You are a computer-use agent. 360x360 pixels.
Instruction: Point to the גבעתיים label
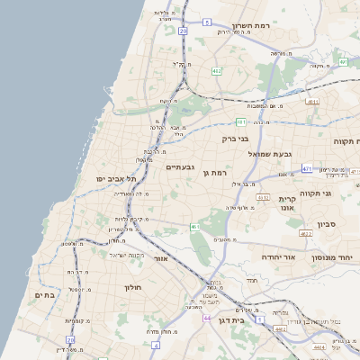180,166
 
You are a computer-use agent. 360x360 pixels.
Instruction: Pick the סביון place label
326,225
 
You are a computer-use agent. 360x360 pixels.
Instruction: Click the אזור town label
162,258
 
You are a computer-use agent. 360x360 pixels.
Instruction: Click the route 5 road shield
206,21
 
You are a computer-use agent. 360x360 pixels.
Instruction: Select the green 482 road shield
216,70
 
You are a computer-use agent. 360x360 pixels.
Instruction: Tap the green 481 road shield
240,121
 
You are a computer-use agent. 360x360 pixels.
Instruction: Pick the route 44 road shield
208,319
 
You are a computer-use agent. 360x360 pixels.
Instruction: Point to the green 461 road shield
195,227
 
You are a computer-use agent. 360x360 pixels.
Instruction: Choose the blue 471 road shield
307,168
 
